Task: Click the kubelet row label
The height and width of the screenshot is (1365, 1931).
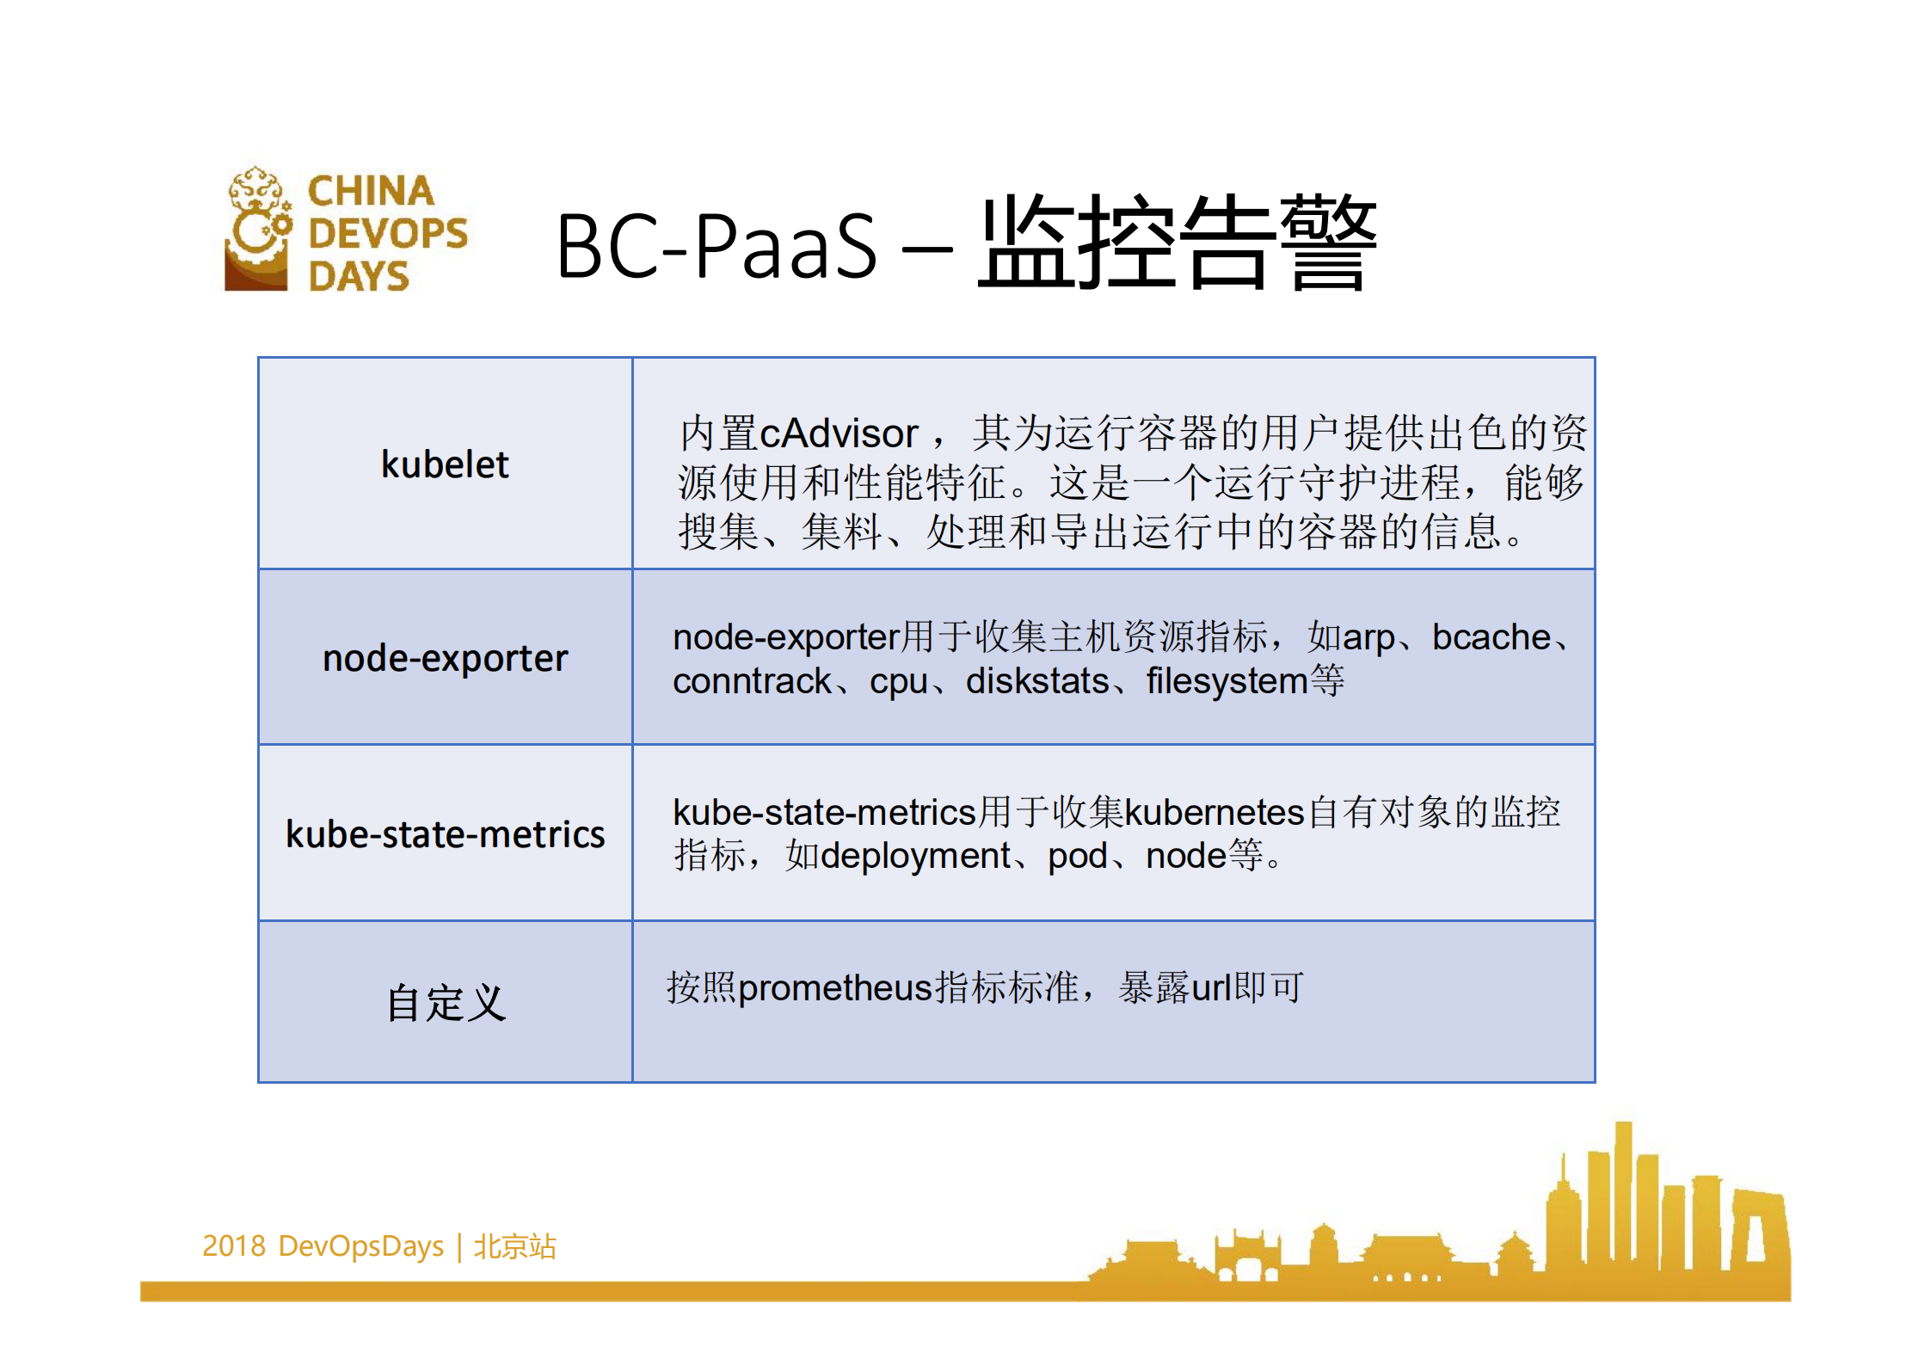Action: [445, 464]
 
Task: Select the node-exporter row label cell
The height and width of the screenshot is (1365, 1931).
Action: [445, 658]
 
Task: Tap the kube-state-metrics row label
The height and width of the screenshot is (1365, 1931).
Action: [445, 834]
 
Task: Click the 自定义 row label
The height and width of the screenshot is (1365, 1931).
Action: [445, 1003]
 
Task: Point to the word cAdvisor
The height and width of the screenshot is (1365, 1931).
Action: [839, 433]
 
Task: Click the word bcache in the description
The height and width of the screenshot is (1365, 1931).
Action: [1491, 637]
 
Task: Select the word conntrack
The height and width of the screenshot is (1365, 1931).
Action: [751, 681]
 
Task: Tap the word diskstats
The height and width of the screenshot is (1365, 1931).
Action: [1036, 681]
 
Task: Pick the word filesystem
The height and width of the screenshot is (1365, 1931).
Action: [1227, 681]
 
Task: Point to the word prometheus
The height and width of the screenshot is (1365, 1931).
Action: [835, 987]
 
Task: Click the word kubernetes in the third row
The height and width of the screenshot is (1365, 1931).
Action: [1215, 812]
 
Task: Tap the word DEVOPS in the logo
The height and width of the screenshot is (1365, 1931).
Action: [388, 233]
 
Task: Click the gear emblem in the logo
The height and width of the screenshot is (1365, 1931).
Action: [257, 229]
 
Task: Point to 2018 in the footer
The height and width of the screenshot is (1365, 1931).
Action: [233, 1245]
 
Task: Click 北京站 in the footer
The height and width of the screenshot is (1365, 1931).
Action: [514, 1245]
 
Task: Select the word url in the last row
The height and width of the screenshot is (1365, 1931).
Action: [1211, 987]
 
